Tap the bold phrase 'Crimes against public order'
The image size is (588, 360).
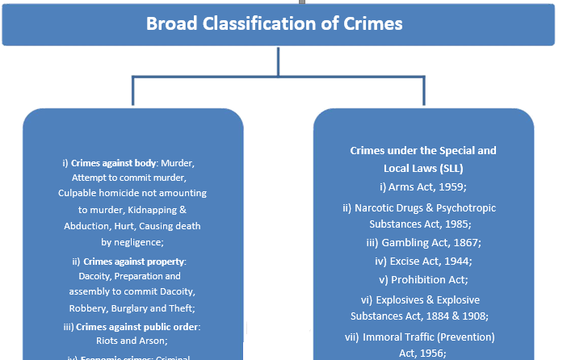(x=142, y=326)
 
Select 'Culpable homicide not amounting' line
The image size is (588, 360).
(x=132, y=194)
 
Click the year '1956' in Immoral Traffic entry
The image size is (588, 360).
(x=428, y=354)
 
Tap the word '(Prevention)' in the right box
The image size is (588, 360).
(x=466, y=337)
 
